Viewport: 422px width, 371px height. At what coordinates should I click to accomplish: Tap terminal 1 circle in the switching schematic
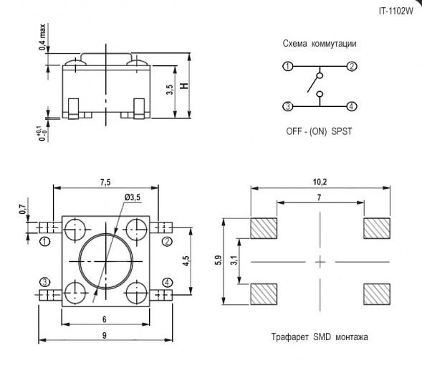pos(287,67)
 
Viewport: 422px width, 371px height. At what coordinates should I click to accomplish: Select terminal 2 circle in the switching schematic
pos(352,67)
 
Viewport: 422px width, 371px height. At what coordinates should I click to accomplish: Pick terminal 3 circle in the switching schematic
pos(287,107)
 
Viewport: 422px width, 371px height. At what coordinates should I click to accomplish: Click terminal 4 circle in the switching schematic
pos(352,107)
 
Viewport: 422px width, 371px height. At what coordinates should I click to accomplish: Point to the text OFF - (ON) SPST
pos(320,133)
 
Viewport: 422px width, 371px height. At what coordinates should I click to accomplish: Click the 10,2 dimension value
pos(320,182)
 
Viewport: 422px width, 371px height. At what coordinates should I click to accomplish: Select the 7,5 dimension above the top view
pos(105,182)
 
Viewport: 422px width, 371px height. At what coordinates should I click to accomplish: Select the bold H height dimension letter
pos(184,86)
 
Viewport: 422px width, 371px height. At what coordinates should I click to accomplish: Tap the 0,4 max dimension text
pos(41,37)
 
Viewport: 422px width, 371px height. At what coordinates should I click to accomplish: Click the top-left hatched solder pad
pos(264,228)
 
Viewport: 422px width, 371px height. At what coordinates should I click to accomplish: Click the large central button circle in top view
pos(105,260)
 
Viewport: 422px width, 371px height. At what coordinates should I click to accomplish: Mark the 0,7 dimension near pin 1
pos(23,210)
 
